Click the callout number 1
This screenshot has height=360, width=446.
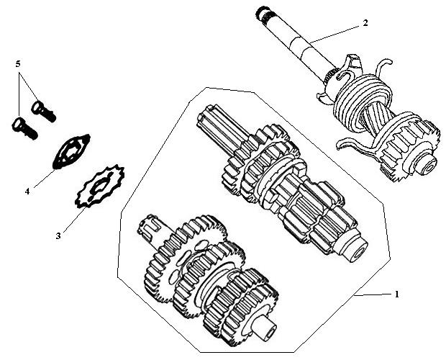tap(397, 294)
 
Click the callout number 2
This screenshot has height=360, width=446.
tap(365, 23)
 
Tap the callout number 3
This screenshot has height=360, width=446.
tap(58, 236)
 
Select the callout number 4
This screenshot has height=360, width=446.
tap(27, 192)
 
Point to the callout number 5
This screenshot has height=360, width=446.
tap(18, 64)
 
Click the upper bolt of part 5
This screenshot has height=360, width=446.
tap(43, 112)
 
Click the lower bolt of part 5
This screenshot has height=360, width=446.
tap(24, 129)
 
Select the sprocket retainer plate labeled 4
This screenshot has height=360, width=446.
tap(71, 151)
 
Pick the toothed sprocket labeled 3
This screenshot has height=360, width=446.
tap(100, 186)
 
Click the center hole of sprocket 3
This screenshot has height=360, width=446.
tap(99, 187)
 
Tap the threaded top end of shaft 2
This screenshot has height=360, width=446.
tap(263, 14)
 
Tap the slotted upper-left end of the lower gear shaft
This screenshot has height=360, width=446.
tap(151, 225)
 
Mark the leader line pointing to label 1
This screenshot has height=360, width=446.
tap(373, 294)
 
